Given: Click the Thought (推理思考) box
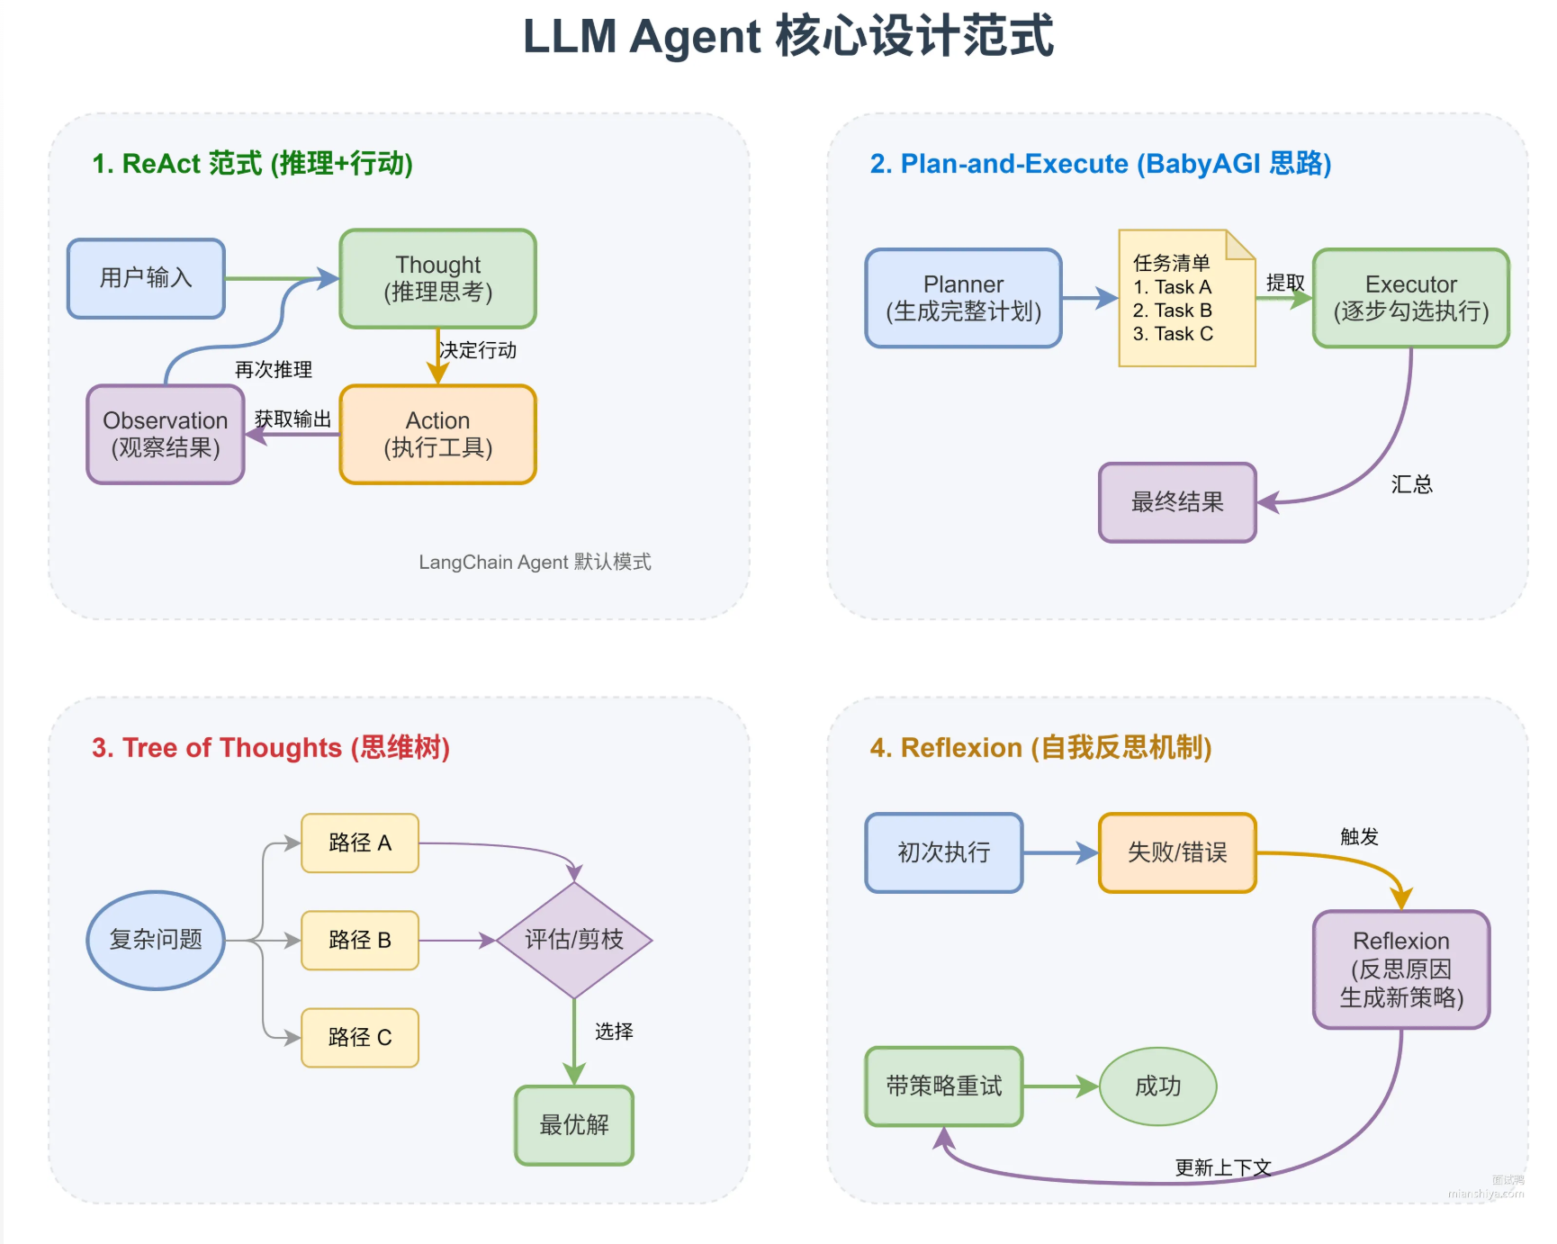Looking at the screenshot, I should [x=437, y=278].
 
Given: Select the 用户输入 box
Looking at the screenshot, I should [x=146, y=278].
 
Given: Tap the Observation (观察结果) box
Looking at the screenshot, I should [x=166, y=434].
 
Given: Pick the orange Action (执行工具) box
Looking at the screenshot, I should [x=437, y=434].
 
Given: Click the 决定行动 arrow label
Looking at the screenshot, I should [x=478, y=350].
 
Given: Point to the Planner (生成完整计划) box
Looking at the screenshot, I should [x=963, y=298].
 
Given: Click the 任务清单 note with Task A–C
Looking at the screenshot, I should [x=1185, y=299].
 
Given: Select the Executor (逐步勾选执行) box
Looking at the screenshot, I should [x=1410, y=298].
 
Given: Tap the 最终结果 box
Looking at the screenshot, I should [x=1177, y=502].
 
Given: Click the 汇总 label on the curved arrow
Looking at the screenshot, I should [x=1411, y=484].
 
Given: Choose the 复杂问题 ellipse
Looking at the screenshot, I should [x=156, y=940].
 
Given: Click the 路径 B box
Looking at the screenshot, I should [x=360, y=940].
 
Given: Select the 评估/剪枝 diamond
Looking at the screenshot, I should [x=574, y=940].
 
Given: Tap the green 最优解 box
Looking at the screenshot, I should [x=574, y=1124].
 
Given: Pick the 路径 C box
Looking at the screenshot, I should [x=360, y=1037].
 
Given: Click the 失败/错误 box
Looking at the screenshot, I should [x=1177, y=852].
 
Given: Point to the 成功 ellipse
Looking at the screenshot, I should [x=1157, y=1086].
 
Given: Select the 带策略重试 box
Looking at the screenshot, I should [x=943, y=1086].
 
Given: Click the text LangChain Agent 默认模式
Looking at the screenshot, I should [x=535, y=563].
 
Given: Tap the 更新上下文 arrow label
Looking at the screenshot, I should [x=1223, y=1167].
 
